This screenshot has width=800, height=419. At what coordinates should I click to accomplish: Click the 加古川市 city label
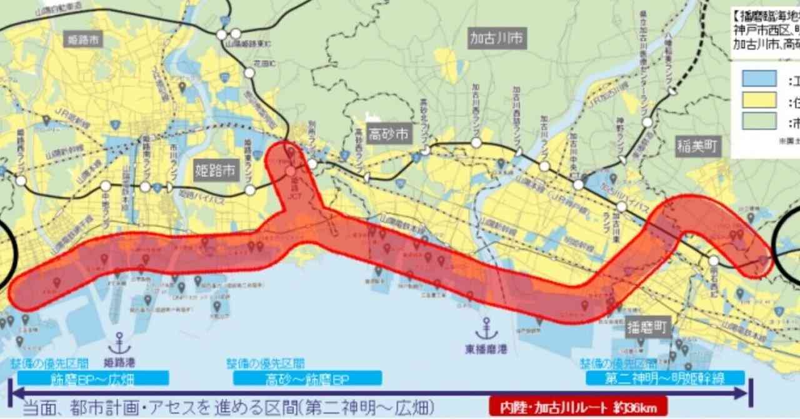[497, 39]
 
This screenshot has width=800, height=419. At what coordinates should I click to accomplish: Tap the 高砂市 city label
[387, 133]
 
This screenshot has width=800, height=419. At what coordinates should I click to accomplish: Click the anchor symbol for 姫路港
[119, 343]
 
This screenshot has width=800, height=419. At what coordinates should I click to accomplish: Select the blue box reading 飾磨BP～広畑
[94, 378]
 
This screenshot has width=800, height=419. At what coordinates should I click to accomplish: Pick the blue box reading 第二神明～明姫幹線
[665, 378]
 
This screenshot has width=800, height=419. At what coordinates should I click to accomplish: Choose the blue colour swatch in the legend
[759, 79]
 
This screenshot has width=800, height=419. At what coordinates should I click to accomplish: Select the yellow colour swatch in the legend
[759, 100]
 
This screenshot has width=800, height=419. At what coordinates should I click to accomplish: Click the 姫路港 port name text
[119, 362]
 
